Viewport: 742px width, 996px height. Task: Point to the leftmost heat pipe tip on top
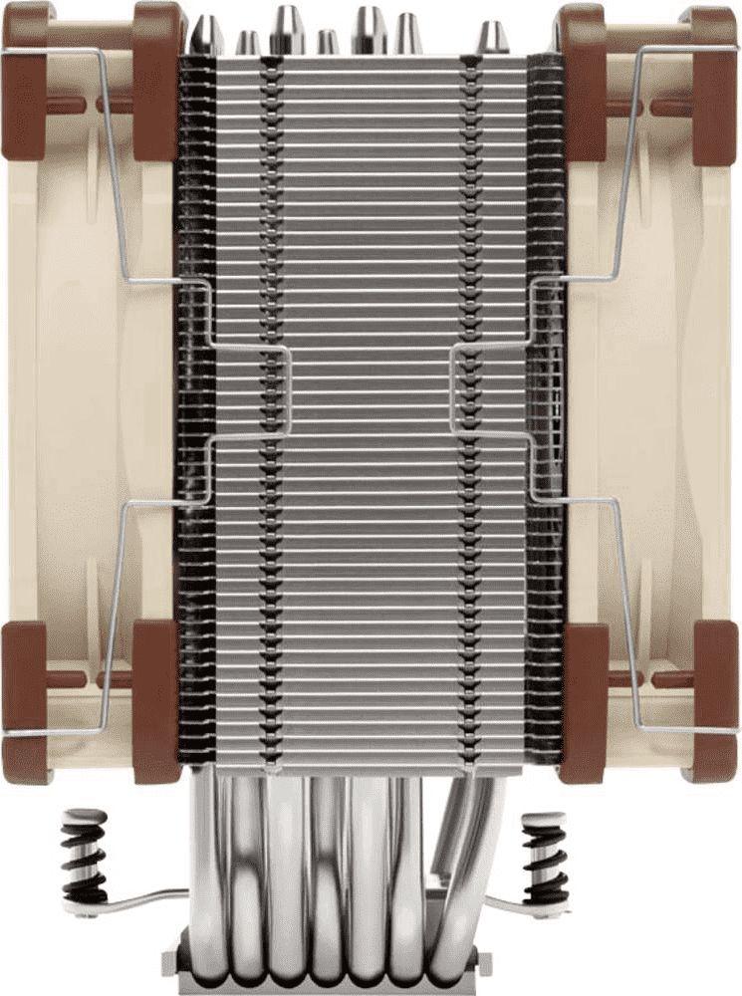pyautogui.click(x=207, y=35)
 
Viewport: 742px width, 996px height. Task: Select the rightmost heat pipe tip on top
pyautogui.click(x=491, y=39)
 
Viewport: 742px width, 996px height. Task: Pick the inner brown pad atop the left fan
pyautogui.click(x=154, y=80)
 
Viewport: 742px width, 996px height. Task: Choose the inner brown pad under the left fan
pyautogui.click(x=154, y=697)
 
